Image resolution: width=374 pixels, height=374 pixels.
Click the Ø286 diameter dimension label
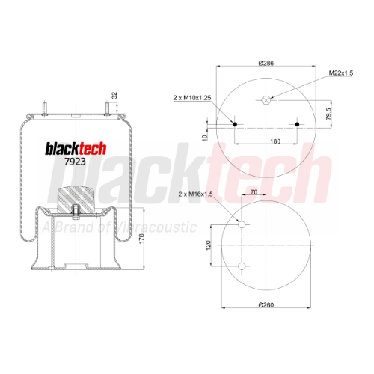click(x=266, y=63)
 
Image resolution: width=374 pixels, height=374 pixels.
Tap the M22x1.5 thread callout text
click(x=341, y=73)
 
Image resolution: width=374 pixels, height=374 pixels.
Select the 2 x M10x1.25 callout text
click(x=192, y=98)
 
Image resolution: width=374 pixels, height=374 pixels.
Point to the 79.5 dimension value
click(x=329, y=114)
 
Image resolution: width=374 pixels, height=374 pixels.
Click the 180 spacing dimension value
click(x=275, y=141)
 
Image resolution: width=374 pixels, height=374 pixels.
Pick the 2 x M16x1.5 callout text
click(x=195, y=194)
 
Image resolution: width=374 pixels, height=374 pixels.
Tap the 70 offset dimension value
click(x=254, y=192)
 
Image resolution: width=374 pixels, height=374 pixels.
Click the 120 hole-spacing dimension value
click(x=209, y=245)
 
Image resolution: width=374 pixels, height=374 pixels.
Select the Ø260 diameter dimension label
click(x=266, y=305)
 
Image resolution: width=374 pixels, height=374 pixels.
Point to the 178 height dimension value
click(x=141, y=239)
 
